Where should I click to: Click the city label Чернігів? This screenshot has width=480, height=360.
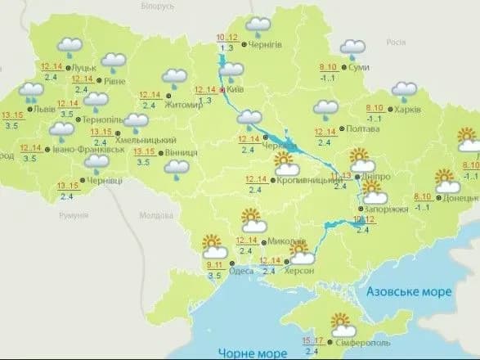point(268,44)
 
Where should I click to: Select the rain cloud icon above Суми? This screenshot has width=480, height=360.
point(352,49)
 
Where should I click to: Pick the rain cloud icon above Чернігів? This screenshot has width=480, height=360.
point(259,25)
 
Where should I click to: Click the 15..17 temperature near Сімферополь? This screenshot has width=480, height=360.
point(312,340)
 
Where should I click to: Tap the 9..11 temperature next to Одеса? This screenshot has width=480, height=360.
point(216,264)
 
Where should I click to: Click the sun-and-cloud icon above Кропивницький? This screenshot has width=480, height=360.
point(284,160)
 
